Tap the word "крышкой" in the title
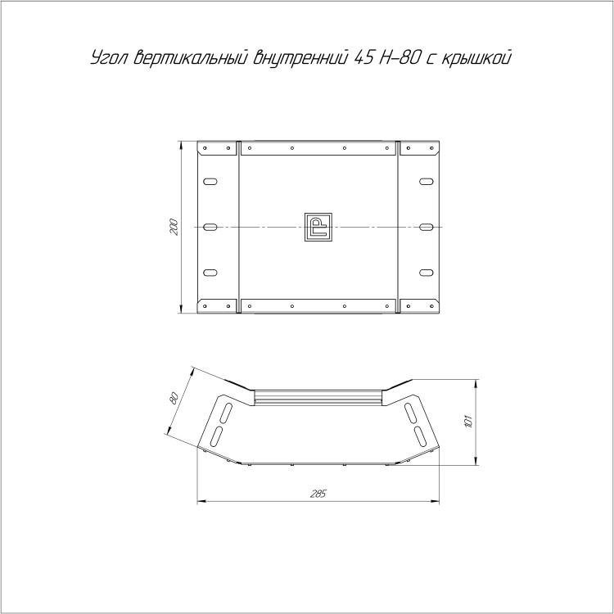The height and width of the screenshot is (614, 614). click(x=476, y=58)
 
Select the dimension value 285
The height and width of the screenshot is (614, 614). click(x=318, y=494)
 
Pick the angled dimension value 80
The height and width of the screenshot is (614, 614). click(x=174, y=398)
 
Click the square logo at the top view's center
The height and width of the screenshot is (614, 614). click(x=318, y=227)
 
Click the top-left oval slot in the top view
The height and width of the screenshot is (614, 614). click(x=210, y=181)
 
